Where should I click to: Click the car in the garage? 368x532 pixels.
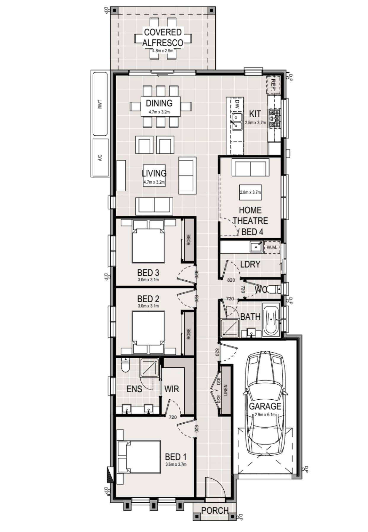click(265, 403)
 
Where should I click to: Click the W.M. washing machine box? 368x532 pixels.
click(272, 247)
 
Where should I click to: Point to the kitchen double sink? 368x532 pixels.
click(236, 122)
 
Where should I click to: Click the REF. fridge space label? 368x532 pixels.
click(273, 85)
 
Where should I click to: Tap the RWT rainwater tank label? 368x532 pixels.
click(100, 104)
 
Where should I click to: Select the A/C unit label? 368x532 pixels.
click(100, 157)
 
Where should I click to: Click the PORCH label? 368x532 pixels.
click(215, 511)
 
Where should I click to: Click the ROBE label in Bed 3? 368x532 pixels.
click(188, 240)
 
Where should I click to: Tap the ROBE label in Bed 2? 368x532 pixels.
click(188, 334)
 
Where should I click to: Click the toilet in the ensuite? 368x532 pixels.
click(126, 365)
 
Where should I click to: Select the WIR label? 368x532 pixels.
click(172, 389)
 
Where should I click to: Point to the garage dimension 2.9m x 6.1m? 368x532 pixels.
click(265, 414)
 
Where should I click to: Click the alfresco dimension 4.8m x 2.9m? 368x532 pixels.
click(163, 51)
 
